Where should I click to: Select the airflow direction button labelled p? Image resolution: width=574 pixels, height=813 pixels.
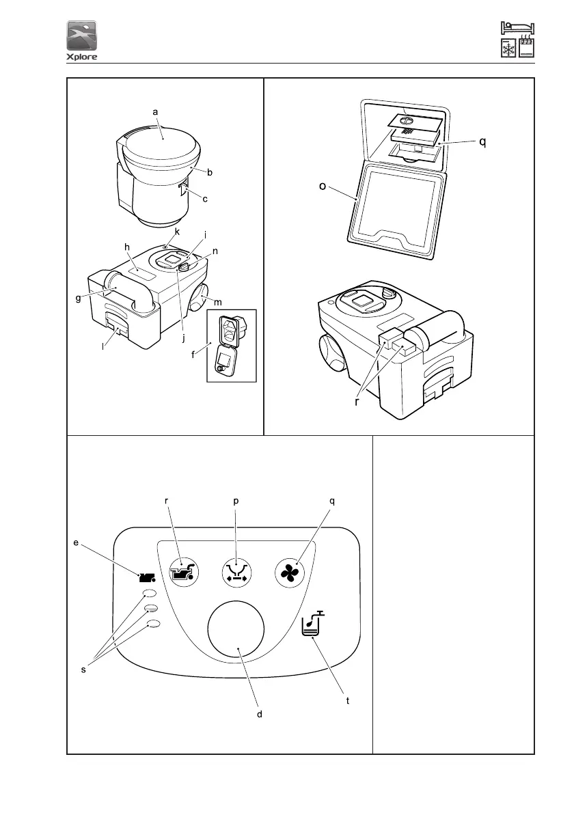pos(236,572)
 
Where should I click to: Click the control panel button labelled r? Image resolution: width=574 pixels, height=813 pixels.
pos(184,572)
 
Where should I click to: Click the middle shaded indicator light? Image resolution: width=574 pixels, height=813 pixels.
pos(152,608)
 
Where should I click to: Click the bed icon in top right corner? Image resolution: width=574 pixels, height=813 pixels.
pos(518,28)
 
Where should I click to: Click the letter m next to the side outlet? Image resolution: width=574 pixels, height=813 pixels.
pos(218,303)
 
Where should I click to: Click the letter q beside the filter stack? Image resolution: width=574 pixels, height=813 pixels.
pos(482,142)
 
